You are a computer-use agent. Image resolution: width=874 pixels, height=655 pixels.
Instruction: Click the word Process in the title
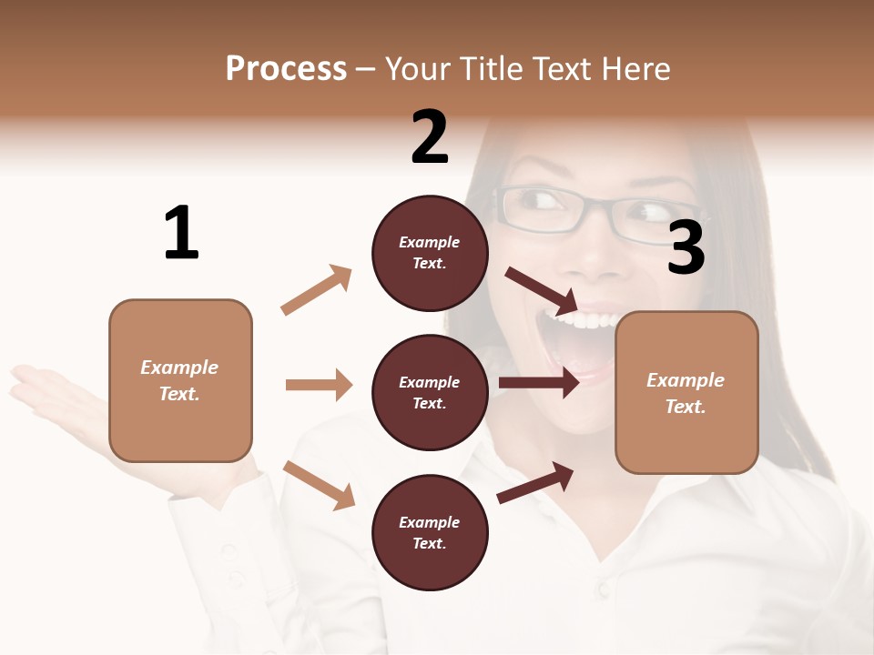(286, 68)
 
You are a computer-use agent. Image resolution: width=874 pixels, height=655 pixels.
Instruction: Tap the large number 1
(181, 233)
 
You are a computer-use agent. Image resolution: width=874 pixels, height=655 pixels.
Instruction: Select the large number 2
(430, 137)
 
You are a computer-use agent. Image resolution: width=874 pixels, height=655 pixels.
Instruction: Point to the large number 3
(686, 248)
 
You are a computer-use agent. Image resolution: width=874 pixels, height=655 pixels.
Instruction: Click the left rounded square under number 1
(180, 380)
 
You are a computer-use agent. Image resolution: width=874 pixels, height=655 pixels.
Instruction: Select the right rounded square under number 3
(686, 392)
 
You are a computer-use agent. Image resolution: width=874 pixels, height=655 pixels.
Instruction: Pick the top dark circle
(430, 253)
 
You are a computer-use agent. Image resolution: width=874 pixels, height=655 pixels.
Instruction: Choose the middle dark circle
(430, 392)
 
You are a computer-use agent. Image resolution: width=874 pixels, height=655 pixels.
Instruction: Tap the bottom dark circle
(430, 532)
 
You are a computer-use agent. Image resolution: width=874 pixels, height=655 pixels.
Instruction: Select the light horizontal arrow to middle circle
(320, 385)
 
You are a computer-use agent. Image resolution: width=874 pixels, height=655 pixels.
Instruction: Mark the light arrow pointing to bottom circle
(320, 485)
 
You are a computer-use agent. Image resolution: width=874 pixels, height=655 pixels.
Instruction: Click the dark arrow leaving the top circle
(541, 290)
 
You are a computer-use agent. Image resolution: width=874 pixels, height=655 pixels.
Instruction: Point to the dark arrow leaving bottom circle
(536, 482)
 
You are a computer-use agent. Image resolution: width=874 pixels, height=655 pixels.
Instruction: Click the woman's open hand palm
(55, 387)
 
